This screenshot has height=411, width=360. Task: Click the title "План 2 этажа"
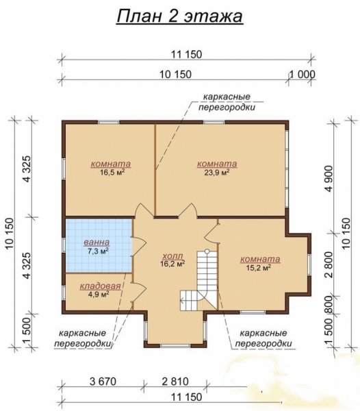[179, 16]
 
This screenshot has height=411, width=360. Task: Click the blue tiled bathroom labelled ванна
[99, 246]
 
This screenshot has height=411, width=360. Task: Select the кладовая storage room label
[101, 286]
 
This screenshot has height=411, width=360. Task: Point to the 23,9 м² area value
[217, 172]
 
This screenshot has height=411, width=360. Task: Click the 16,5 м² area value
[112, 172]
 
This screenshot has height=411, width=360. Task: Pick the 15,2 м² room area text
[259, 268]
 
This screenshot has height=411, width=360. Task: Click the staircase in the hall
[199, 280]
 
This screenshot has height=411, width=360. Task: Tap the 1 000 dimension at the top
[302, 75]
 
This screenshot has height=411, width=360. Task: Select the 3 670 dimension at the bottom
[103, 382]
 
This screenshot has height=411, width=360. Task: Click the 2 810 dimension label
[175, 382]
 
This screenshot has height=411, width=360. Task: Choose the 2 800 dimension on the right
[329, 265]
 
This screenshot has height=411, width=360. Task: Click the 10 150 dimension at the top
[175, 75]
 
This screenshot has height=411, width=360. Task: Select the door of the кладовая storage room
[139, 292]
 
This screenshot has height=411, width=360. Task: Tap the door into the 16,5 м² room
[144, 210]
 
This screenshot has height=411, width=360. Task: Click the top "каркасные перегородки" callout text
[227, 102]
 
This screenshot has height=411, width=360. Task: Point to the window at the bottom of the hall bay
[175, 346]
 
